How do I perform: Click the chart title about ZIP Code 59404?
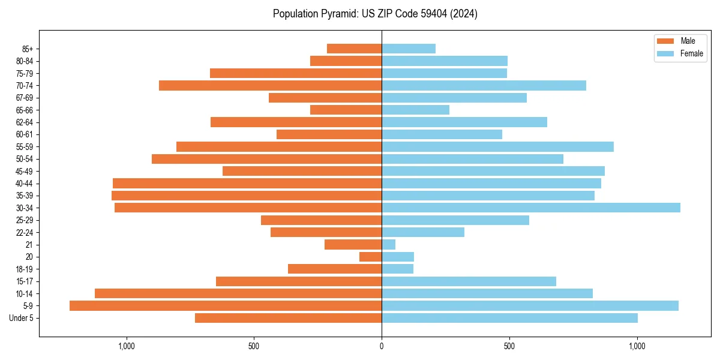tap(375, 14)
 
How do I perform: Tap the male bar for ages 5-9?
tap(226, 306)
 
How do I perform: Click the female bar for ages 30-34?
tap(531, 208)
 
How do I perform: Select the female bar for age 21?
tap(389, 245)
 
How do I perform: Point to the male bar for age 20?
tap(370, 257)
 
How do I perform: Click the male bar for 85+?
tap(354, 49)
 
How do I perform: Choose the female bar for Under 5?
tap(509, 318)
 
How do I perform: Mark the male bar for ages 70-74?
tap(270, 85)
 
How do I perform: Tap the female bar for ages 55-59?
tap(497, 147)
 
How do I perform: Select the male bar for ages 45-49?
tap(302, 171)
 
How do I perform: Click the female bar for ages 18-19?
tap(397, 269)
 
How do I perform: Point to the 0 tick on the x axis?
tap(382, 346)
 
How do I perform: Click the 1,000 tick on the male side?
tap(127, 346)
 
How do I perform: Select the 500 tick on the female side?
tap(509, 346)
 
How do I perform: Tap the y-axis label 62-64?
tap(25, 122)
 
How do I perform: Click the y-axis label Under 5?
tap(22, 318)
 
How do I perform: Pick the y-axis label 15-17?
tap(25, 281)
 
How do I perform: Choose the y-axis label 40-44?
tap(25, 184)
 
